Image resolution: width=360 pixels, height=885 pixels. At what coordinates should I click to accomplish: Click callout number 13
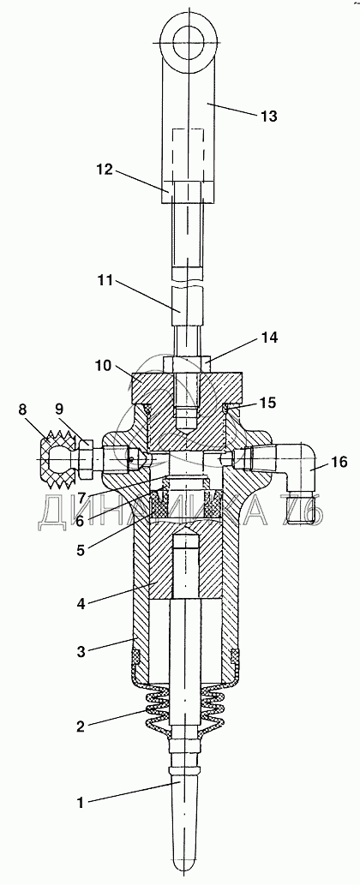click(x=268, y=117)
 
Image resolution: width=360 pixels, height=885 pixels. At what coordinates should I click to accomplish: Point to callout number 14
click(x=268, y=338)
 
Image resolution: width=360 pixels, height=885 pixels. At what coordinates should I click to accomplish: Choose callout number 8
click(x=23, y=410)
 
